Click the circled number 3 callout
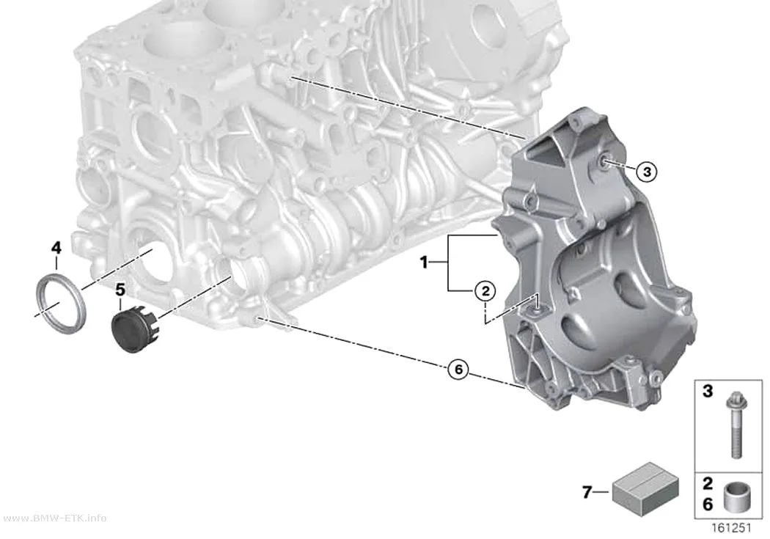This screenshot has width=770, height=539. [647, 172]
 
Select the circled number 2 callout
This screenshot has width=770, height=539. [485, 292]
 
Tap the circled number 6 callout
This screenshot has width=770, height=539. [458, 369]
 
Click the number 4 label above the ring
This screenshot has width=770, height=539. [56, 248]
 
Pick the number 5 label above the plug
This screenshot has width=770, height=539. [120, 290]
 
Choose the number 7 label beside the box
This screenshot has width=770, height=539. [587, 491]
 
